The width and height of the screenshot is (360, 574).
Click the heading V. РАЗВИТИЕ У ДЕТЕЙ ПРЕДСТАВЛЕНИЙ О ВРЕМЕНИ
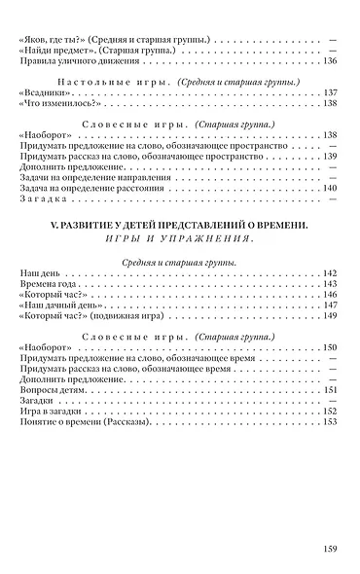178,226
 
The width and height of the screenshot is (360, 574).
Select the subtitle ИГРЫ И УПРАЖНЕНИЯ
178,239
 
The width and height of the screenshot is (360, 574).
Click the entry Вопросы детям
52,390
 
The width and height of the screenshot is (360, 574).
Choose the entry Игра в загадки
51,411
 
